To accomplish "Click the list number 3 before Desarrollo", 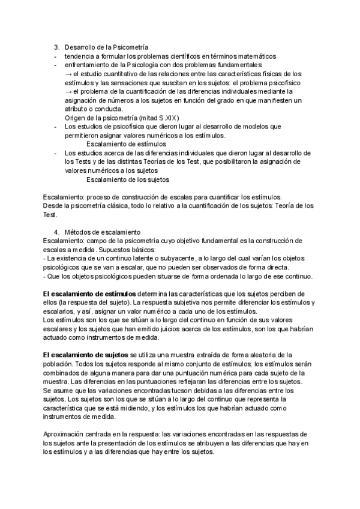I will tap(56, 47).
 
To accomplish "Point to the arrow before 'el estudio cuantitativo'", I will tap(68, 73).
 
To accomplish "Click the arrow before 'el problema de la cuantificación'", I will tap(68, 91).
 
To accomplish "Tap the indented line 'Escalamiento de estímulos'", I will tap(127, 144).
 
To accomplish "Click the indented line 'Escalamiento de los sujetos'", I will tap(128, 179).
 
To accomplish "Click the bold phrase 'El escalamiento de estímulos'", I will tap(90, 294).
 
